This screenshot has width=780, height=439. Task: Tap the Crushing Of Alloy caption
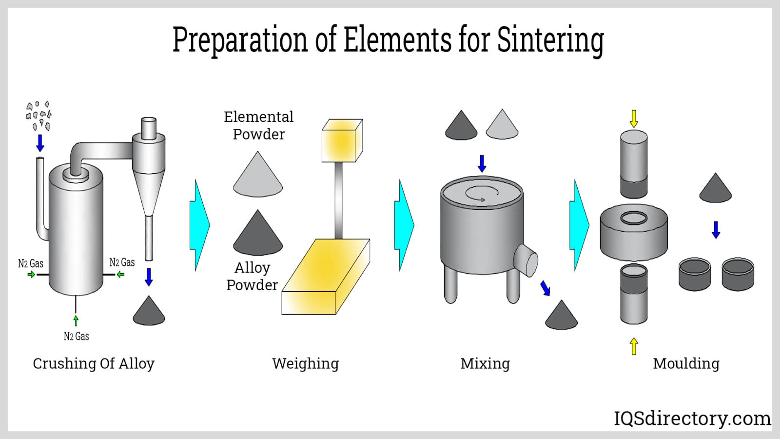tap(94, 363)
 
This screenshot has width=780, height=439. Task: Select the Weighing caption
tap(305, 363)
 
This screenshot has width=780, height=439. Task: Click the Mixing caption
tap(485, 363)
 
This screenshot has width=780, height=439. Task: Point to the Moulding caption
tap(686, 363)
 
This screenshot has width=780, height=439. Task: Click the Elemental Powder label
tap(258, 125)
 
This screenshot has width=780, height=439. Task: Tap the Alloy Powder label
tap(252, 276)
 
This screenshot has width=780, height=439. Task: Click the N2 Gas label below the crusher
tap(76, 336)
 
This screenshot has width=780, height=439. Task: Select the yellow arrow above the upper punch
tap(634, 119)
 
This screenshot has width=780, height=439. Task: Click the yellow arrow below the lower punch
tap(634, 346)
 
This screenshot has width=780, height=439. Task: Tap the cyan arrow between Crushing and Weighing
tap(199, 225)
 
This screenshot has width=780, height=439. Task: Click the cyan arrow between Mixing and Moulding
tap(579, 225)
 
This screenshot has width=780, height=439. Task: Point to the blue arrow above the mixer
tap(482, 163)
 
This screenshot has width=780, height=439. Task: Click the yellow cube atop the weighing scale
tap(342, 140)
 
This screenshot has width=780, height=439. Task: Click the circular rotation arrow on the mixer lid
tap(482, 194)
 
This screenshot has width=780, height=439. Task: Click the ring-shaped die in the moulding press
tap(633, 232)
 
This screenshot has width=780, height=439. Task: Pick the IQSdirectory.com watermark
tap(692, 419)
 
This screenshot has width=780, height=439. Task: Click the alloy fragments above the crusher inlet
tap(39, 116)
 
